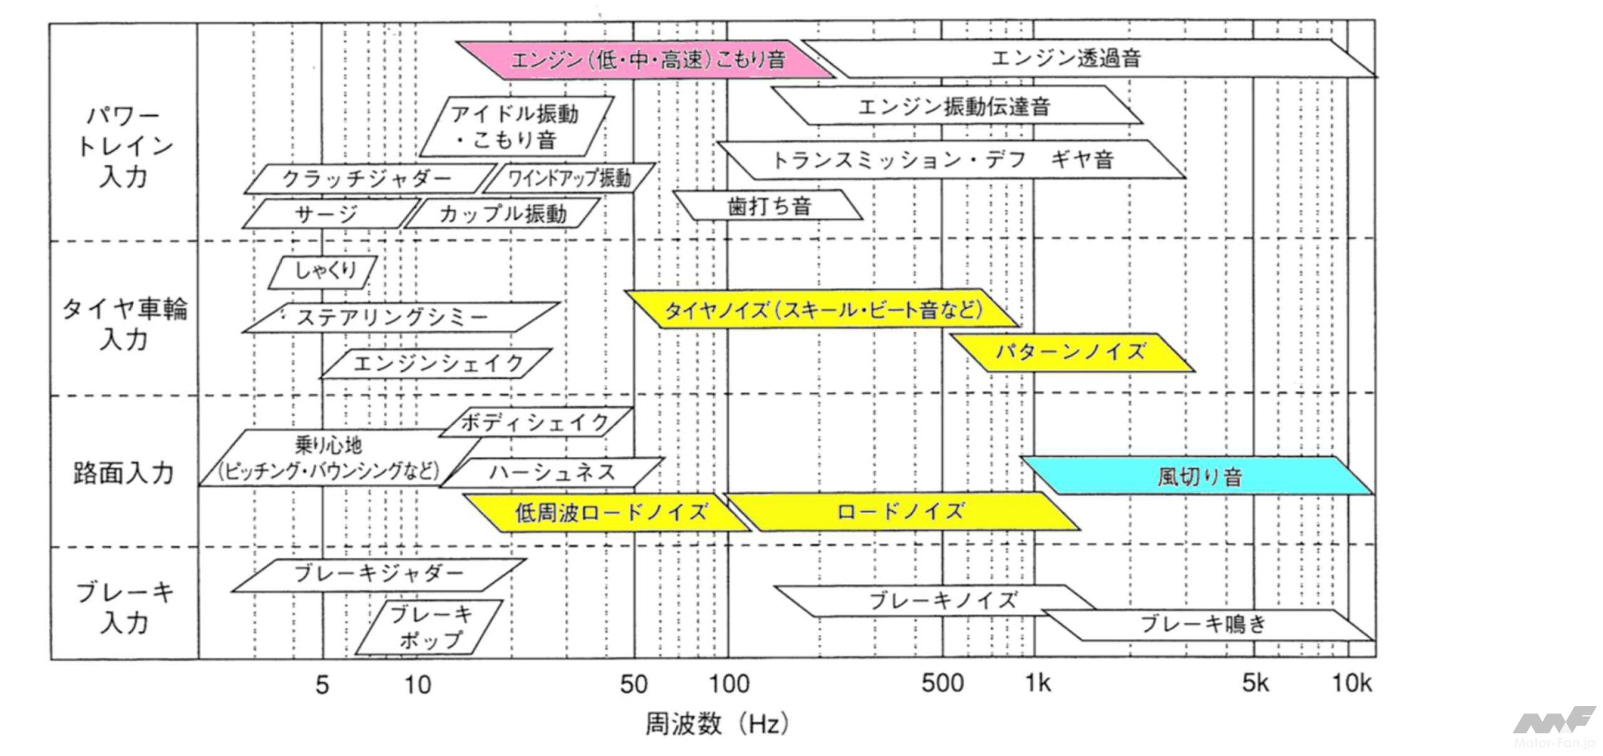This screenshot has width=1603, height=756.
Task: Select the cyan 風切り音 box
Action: tap(1197, 476)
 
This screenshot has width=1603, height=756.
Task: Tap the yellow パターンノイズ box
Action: tap(1071, 352)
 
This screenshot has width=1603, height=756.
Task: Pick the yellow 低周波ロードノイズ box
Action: tap(609, 513)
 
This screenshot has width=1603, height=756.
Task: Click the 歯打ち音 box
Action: tap(768, 206)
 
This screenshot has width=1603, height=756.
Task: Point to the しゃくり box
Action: tap(323, 272)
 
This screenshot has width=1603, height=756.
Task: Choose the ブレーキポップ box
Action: tap(430, 627)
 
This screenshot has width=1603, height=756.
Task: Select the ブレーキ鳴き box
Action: tap(1205, 624)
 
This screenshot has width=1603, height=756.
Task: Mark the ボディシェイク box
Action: tap(535, 422)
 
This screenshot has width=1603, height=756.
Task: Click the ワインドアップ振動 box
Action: tap(569, 178)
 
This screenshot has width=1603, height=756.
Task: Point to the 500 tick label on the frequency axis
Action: tap(942, 683)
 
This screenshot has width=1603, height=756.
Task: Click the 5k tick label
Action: tap(1255, 683)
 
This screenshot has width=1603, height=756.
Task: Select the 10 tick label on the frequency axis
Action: tap(417, 685)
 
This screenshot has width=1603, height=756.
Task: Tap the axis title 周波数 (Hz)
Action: tap(716, 724)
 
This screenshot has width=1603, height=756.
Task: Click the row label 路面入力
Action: tap(123, 473)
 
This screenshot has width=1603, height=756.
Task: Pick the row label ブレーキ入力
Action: tap(124, 607)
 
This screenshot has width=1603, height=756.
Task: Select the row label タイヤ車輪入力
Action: tap(124, 324)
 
